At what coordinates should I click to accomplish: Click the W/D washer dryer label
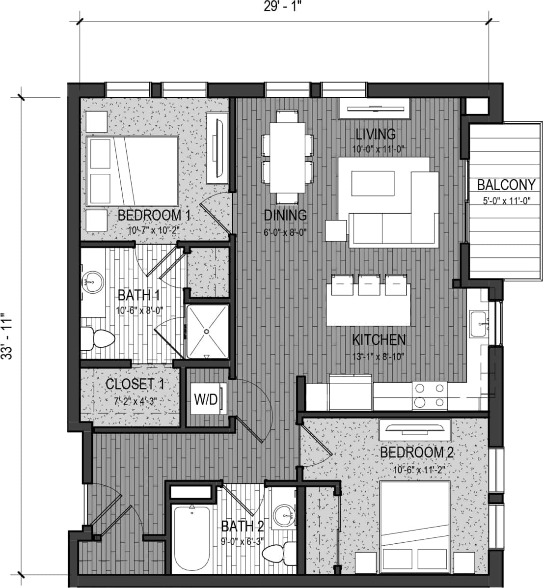pos(205,399)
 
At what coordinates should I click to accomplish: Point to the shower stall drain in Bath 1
pos(207,331)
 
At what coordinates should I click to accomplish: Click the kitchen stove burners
pos(429,396)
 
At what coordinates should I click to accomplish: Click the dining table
pos(287,156)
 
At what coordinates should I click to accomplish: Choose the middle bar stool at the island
pos(368,285)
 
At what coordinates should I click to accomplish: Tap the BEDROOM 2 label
pos(417,452)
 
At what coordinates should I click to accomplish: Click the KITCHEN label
pos(379,339)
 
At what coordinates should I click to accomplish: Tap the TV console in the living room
pos(374,108)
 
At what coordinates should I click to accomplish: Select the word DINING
pos(285,215)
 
